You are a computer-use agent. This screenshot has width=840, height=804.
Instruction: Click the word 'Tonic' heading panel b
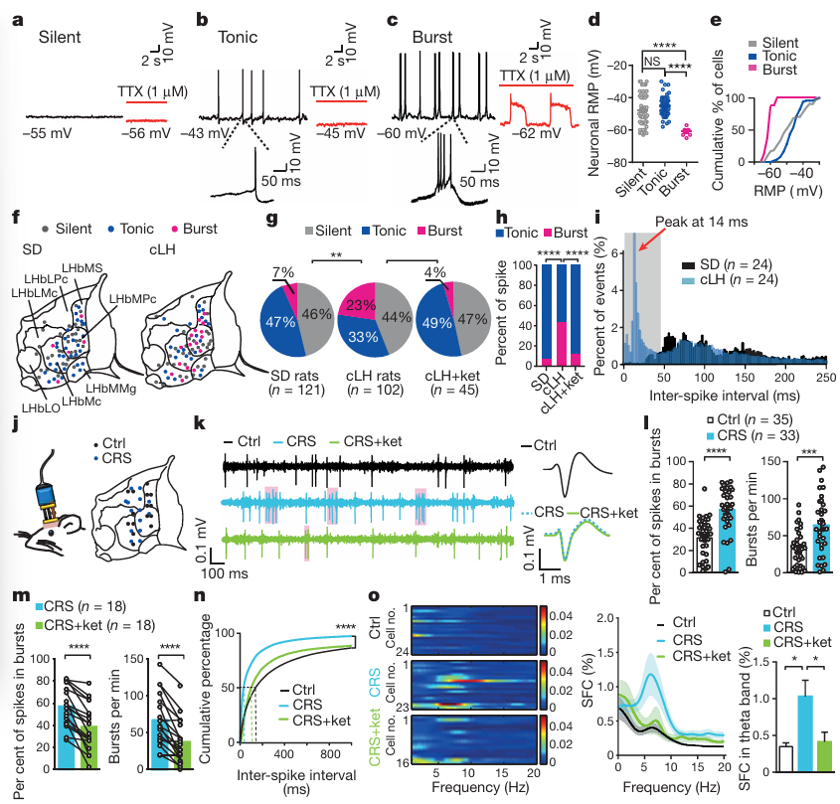237,38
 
